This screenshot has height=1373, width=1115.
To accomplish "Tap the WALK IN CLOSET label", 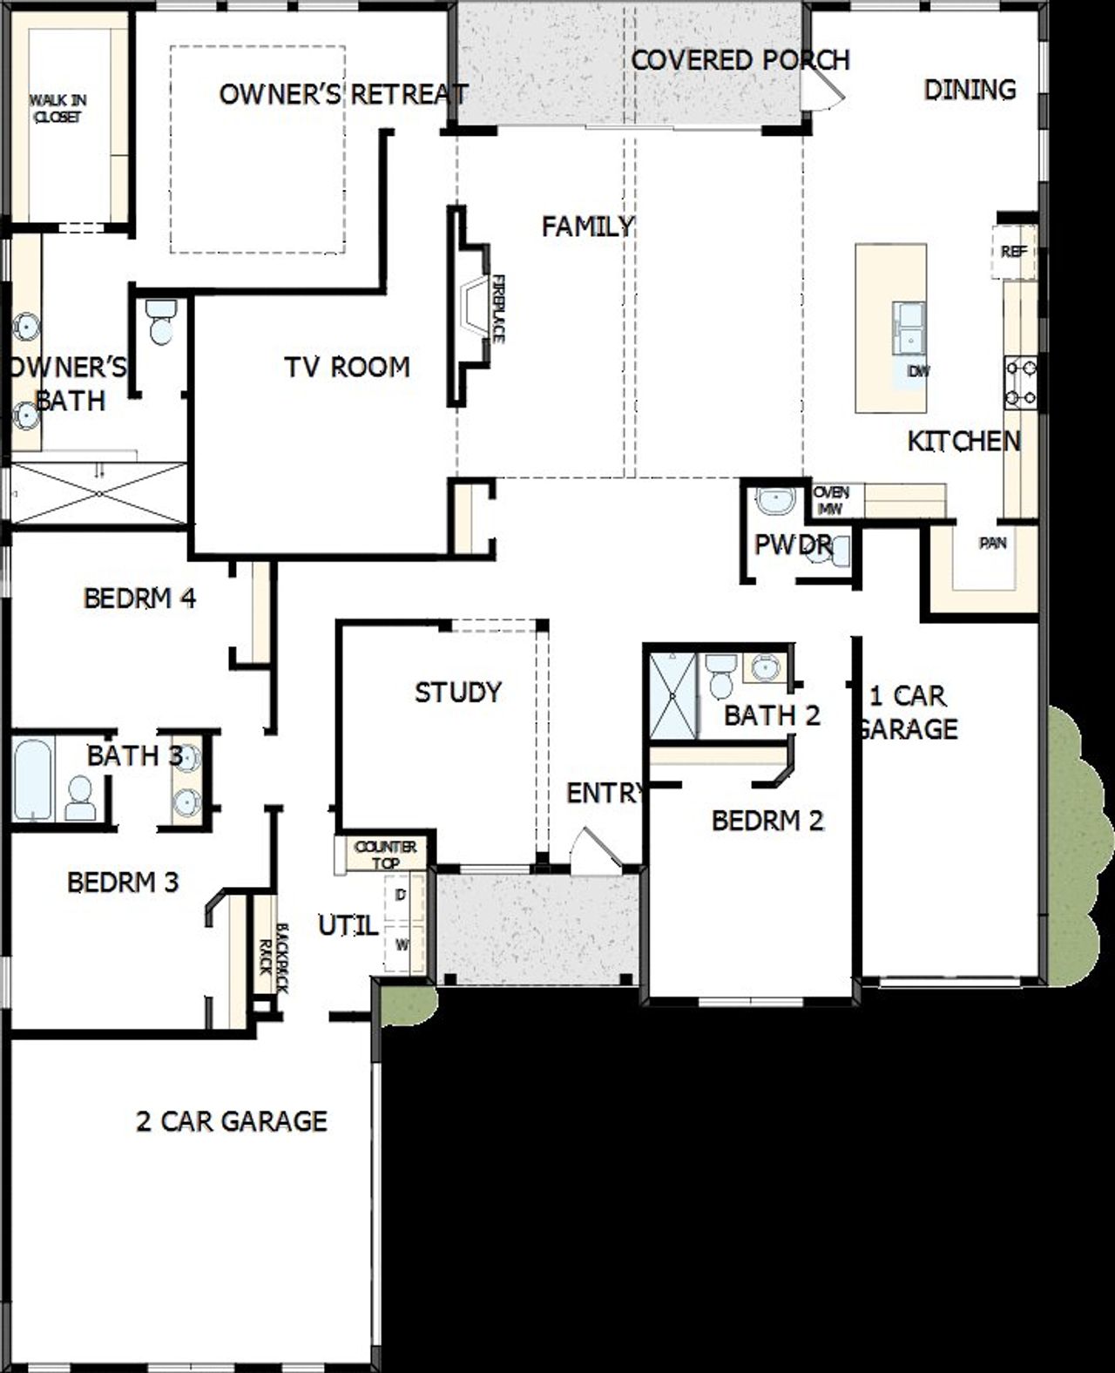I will (x=57, y=108).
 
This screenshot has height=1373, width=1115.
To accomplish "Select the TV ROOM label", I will (x=347, y=367).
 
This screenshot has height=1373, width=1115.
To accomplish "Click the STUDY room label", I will (x=458, y=693).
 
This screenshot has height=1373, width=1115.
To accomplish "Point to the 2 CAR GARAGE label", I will (x=232, y=1120).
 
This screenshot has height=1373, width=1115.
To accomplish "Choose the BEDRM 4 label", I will (x=139, y=599).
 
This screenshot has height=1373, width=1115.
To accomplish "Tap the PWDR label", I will (x=793, y=545).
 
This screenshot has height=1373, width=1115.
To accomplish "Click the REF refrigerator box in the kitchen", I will (x=1013, y=252).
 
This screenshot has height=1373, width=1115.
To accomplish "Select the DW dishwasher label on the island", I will (x=918, y=371).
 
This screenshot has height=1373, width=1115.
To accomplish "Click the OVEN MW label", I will (x=831, y=500).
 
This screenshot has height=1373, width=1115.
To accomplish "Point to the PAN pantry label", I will (x=993, y=544).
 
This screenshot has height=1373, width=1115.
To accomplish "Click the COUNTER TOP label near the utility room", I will (x=385, y=855).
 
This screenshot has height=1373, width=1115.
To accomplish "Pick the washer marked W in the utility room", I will (x=402, y=944).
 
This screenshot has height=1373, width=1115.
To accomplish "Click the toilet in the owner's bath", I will (x=161, y=321).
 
